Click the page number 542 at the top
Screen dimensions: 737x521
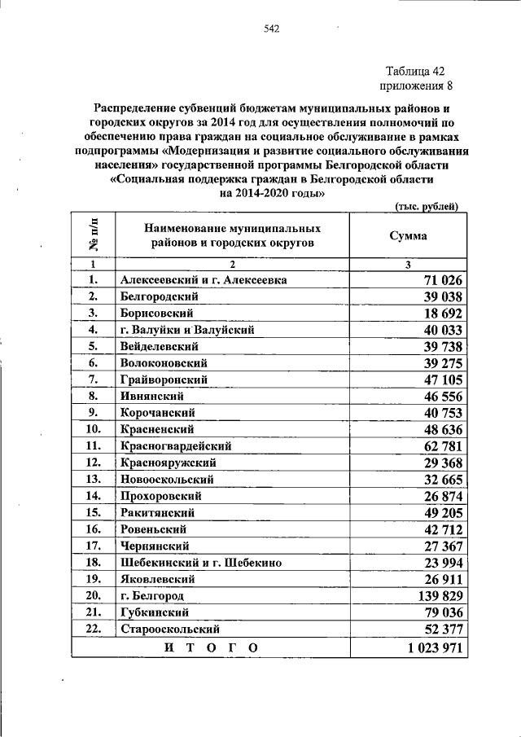click(271, 30)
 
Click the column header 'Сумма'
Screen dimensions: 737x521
click(410, 235)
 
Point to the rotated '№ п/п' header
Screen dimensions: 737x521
click(93, 235)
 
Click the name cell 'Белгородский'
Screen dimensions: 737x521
click(159, 296)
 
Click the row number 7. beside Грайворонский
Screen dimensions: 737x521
click(93, 379)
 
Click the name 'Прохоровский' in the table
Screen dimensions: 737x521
click(161, 495)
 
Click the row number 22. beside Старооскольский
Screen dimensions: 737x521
click(93, 629)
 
